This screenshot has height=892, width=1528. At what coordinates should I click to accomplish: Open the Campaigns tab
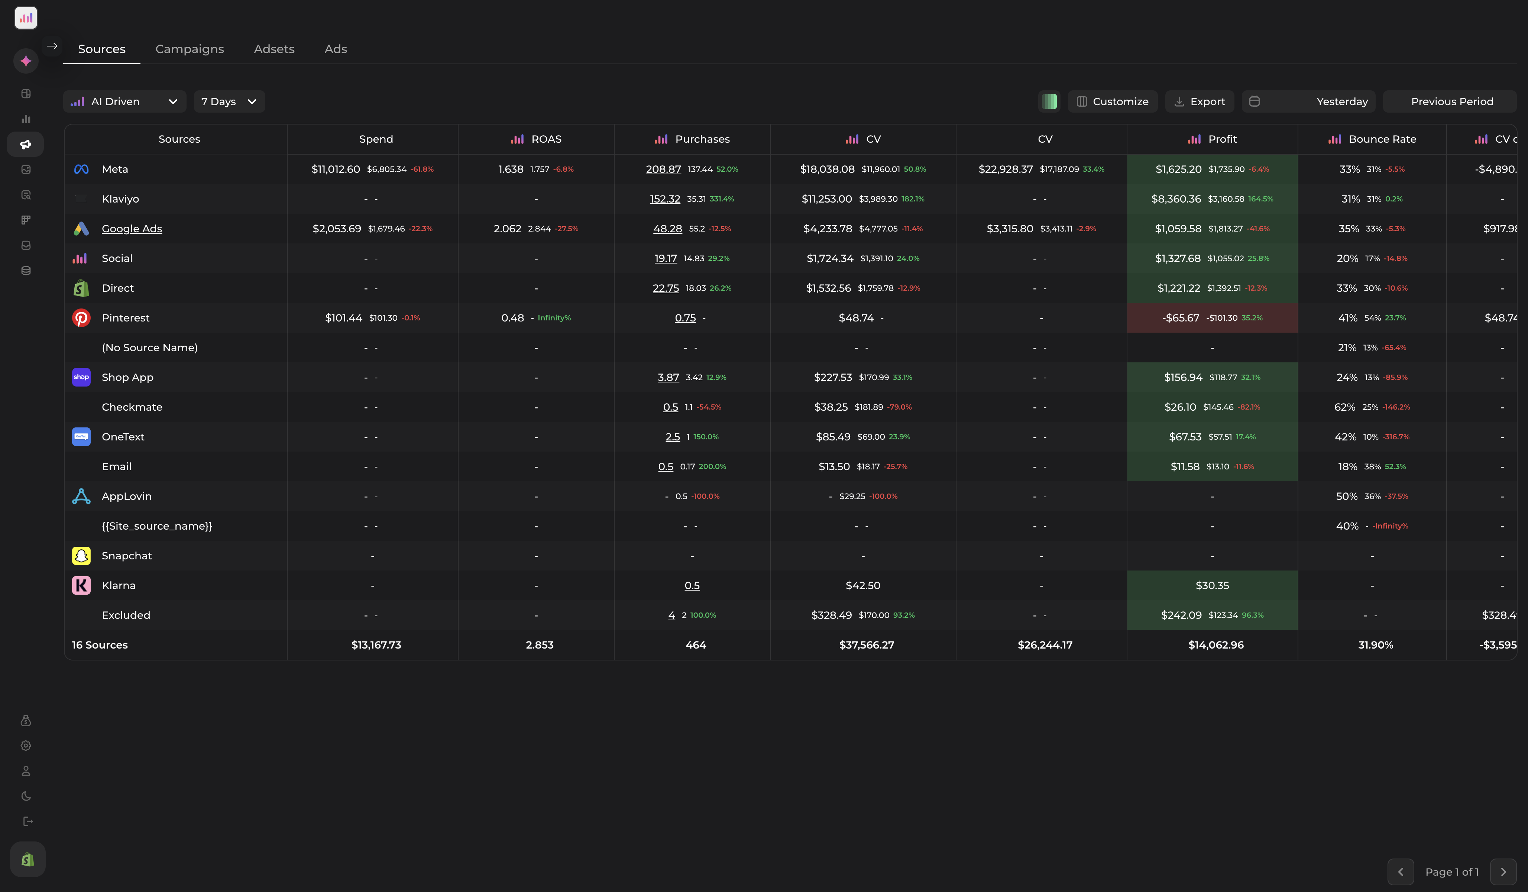(x=189, y=49)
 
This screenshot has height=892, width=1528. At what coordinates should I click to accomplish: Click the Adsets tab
(x=274, y=49)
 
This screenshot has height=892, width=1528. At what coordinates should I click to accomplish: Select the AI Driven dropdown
(x=124, y=101)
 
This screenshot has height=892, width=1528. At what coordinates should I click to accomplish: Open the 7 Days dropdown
(x=229, y=101)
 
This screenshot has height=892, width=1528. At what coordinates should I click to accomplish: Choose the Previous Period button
(x=1451, y=101)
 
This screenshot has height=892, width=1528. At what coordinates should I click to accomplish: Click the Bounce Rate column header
(x=1382, y=139)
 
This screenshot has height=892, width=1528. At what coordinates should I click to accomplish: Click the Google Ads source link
(x=132, y=229)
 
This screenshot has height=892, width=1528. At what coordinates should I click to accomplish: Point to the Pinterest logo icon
(x=81, y=318)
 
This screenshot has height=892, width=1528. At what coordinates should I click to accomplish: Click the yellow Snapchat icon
(x=81, y=555)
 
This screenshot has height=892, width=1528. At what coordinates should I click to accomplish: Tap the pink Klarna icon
(x=81, y=585)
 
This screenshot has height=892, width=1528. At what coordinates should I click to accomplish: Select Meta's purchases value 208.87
(x=663, y=169)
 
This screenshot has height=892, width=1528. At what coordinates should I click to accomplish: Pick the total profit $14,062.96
(x=1216, y=644)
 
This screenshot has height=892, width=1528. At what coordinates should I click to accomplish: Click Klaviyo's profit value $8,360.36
(x=1176, y=199)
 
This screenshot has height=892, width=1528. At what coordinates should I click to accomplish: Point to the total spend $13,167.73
(x=376, y=644)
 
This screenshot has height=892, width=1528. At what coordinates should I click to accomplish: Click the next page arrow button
(x=1502, y=872)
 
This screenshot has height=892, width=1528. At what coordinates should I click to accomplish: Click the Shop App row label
(x=127, y=377)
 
